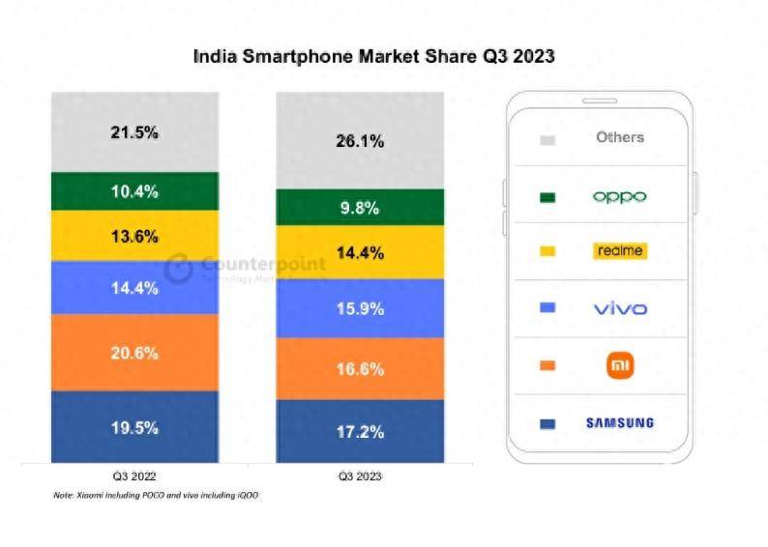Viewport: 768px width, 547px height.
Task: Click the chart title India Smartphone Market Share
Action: (373, 57)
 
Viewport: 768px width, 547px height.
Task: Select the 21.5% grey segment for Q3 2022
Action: (134, 132)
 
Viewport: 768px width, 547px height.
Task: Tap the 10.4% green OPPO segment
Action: (134, 191)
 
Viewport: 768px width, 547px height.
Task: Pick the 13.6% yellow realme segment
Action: (134, 237)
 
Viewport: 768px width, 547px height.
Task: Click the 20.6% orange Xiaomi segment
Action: (134, 353)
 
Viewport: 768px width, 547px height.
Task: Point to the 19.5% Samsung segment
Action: (134, 427)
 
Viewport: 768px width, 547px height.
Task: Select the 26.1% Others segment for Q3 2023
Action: (360, 141)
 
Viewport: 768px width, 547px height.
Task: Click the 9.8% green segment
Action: (360, 208)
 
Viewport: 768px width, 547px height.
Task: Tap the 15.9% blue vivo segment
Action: (360, 309)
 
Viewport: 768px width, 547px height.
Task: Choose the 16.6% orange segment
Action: (360, 368)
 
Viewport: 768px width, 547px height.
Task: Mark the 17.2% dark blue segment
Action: (360, 431)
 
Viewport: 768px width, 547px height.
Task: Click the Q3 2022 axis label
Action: (134, 476)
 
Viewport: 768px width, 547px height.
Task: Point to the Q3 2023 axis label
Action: (360, 476)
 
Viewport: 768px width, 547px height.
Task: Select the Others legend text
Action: (619, 138)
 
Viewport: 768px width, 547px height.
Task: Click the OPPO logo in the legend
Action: (619, 197)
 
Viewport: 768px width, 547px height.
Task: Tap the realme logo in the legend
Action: (619, 251)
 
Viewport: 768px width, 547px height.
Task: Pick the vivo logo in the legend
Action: (619, 309)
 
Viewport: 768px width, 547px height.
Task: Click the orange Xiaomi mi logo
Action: (619, 365)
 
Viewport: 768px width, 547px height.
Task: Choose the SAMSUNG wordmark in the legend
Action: (619, 423)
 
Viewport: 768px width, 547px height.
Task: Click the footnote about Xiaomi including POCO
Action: (155, 496)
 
